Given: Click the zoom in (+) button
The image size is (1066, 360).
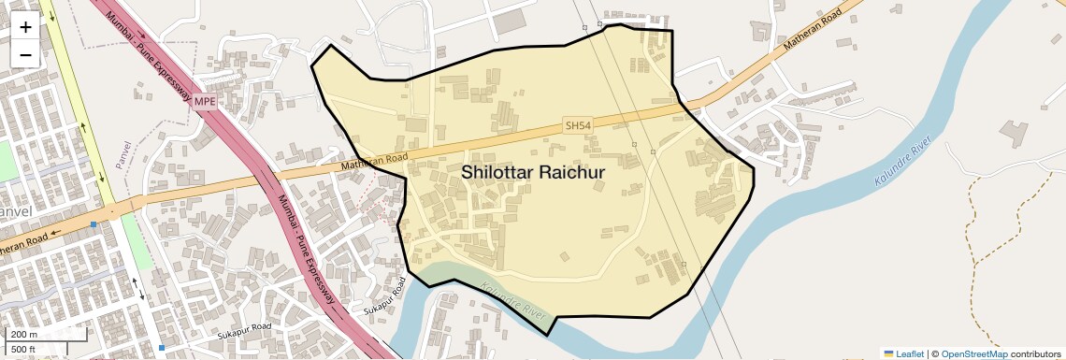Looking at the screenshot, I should coord(25,27).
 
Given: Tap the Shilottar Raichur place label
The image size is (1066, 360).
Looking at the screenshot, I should coord(533,173).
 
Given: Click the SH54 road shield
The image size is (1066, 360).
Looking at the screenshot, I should coord(578,125).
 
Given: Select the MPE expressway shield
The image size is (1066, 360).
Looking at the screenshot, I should coord(205,99).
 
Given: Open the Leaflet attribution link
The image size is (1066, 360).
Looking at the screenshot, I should coord(903,353).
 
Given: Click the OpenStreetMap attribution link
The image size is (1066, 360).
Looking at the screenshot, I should coord(974,353).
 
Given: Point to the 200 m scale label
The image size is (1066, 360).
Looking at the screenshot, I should coord(23,335).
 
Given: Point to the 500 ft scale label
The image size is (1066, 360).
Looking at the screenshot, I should coord(23,350).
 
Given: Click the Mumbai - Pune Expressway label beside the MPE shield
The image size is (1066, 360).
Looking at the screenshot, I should coord(150,56).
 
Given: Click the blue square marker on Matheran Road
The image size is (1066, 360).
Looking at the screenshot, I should coord(94,224).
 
